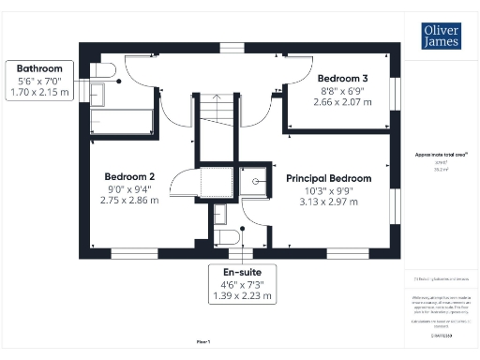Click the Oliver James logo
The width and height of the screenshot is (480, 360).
(441, 35)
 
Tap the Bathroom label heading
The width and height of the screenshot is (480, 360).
(37, 68)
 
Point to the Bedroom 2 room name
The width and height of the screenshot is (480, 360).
(129, 175)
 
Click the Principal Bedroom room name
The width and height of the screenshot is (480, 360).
(328, 178)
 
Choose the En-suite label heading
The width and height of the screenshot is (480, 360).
(243, 272)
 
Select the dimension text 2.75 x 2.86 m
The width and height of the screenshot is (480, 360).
(129, 201)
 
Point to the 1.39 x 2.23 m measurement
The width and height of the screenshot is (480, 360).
(243, 296)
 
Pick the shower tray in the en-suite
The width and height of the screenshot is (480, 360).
(253, 178)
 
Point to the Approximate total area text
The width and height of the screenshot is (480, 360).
(441, 156)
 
